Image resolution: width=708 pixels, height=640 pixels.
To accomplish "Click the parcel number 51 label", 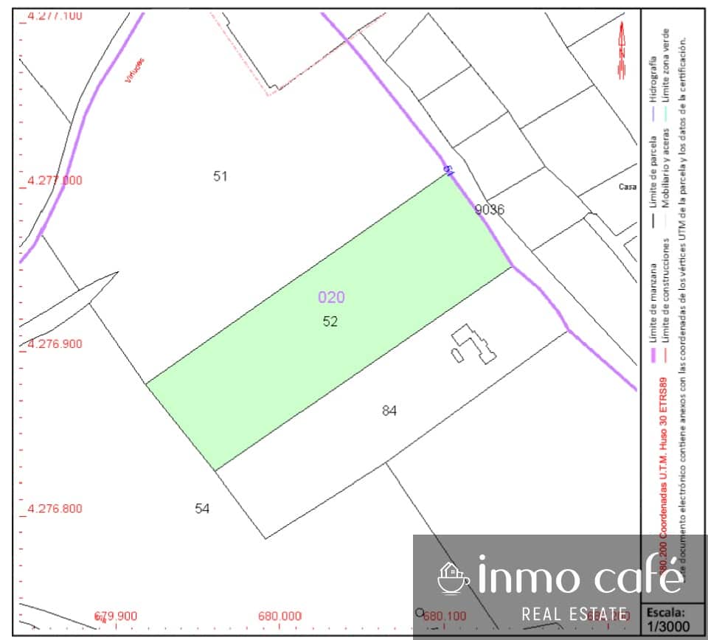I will click(x=220, y=175).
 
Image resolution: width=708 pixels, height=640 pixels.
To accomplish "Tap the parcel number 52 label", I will click(x=330, y=321).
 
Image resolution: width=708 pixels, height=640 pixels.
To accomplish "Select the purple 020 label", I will click(x=331, y=297).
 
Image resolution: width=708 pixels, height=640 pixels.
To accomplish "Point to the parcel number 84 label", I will click(x=389, y=411).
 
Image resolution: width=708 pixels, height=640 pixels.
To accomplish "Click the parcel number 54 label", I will click(x=202, y=508).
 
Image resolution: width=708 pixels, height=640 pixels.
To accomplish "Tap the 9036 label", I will click(x=490, y=209).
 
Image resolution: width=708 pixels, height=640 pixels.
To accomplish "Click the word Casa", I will click(x=627, y=187).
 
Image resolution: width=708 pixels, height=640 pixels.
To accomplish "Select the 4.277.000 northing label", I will click(x=55, y=180).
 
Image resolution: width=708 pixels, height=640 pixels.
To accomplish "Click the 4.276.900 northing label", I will click(x=55, y=344).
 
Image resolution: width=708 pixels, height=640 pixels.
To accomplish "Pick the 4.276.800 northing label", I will click(x=55, y=508).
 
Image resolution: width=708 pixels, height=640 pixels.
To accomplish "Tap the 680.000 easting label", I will click(x=280, y=616).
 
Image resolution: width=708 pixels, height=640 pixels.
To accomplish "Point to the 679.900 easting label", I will click(x=116, y=616).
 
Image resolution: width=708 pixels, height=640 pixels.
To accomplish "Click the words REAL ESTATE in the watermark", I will click(x=575, y=613).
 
